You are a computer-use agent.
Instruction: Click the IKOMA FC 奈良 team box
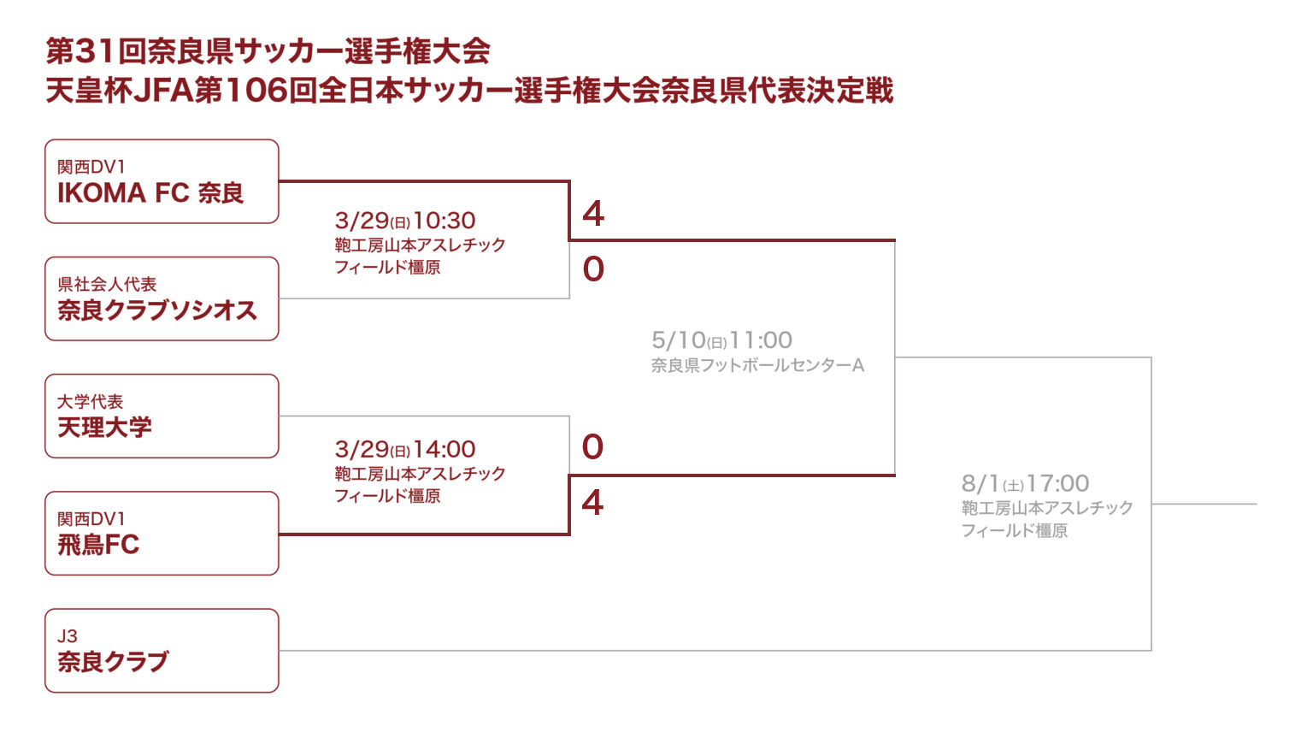162,181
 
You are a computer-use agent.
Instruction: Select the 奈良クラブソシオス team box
162,298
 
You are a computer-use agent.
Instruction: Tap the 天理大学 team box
162,416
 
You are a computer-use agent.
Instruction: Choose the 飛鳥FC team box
162,533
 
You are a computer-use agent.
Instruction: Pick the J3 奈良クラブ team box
162,650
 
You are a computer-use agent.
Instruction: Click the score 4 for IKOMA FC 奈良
593,214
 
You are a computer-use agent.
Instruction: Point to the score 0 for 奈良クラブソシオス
593,269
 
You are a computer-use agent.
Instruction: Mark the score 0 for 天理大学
592,446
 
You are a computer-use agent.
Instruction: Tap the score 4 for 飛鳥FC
592,503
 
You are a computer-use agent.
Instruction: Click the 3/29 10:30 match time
405,221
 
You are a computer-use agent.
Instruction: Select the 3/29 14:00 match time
405,450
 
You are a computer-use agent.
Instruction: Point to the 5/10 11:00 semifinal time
721,340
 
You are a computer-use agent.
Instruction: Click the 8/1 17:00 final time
1025,484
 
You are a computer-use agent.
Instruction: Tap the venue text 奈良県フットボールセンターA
757,366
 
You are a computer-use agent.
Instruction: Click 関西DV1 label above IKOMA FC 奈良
91,167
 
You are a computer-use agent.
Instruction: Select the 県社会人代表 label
107,285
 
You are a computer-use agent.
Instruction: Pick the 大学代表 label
90,402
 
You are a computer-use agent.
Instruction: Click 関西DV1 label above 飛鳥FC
91,519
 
